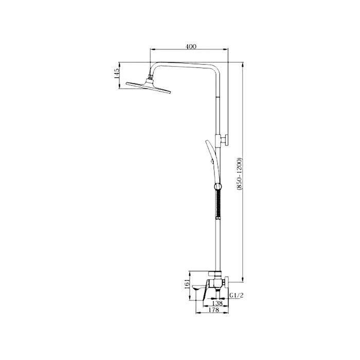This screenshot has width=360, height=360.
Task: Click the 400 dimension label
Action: [x=191, y=47]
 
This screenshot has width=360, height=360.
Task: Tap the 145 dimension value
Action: [x=117, y=74]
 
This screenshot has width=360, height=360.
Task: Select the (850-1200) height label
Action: [x=240, y=174]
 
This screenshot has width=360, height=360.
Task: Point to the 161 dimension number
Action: [x=187, y=285]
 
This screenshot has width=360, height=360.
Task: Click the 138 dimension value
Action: [x=217, y=303]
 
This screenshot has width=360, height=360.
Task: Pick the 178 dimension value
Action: [x=214, y=310]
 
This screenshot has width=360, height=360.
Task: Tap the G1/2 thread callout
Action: [x=236, y=296]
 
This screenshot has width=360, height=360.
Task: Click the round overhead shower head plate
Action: [x=148, y=87]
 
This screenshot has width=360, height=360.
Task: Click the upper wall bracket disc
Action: [x=226, y=140]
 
